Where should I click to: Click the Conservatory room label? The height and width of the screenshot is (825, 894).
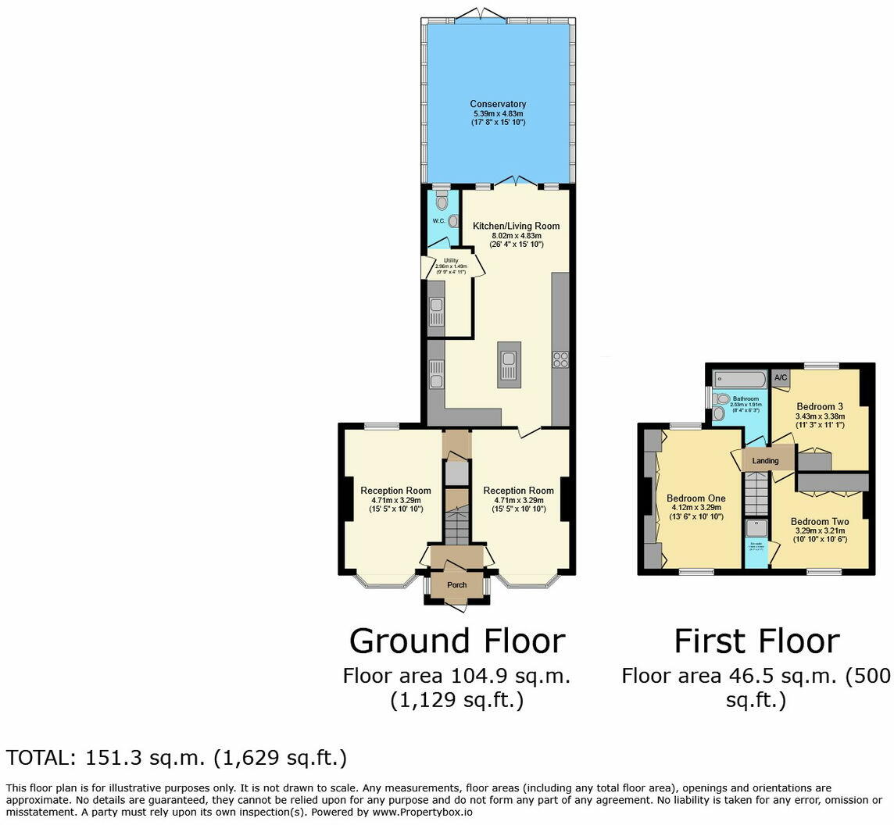pos(498,104)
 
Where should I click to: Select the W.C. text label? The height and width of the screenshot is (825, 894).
pos(438,221)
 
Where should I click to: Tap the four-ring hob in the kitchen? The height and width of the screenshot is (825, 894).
pos(560,359)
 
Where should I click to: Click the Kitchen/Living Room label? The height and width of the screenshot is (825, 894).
pos(516,226)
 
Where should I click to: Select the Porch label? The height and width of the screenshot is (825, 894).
pos(456,585)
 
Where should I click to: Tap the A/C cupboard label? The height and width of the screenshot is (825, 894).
pos(780,378)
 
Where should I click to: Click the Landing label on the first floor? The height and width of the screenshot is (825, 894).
pos(765,461)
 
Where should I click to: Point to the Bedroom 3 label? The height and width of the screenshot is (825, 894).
pos(820,406)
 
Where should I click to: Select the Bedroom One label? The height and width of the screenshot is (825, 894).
pos(696,498)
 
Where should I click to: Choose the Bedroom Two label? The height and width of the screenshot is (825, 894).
pos(819,522)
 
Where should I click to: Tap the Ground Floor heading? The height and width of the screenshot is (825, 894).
pos(456,641)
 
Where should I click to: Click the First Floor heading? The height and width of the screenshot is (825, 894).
pos(756,641)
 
